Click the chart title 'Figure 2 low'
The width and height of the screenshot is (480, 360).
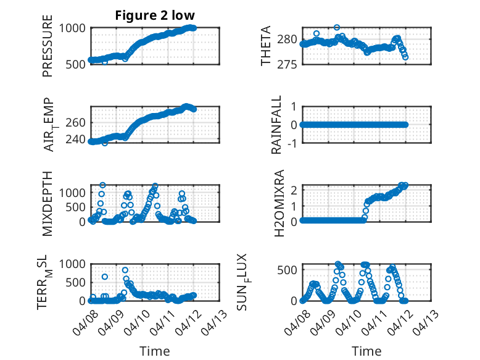pos(155,15)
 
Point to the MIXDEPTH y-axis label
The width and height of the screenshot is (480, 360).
pos(48,203)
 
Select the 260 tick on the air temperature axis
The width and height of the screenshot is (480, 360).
pos(78,122)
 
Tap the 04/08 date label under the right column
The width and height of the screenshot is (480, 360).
pos(298,319)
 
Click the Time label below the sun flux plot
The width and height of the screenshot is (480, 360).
pos(366,351)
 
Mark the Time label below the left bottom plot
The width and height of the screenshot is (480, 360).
pos(155,351)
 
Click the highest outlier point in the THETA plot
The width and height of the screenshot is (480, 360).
pos(337,27)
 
